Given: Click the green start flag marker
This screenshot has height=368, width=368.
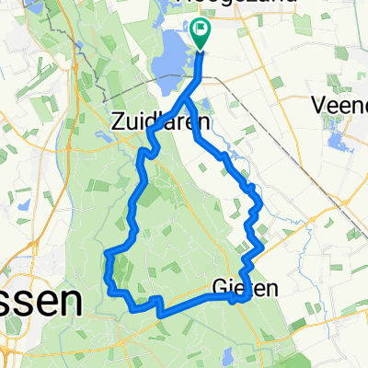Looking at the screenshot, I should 201,33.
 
